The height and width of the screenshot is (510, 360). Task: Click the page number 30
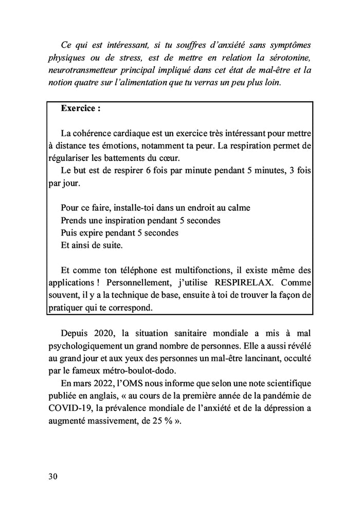53,476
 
